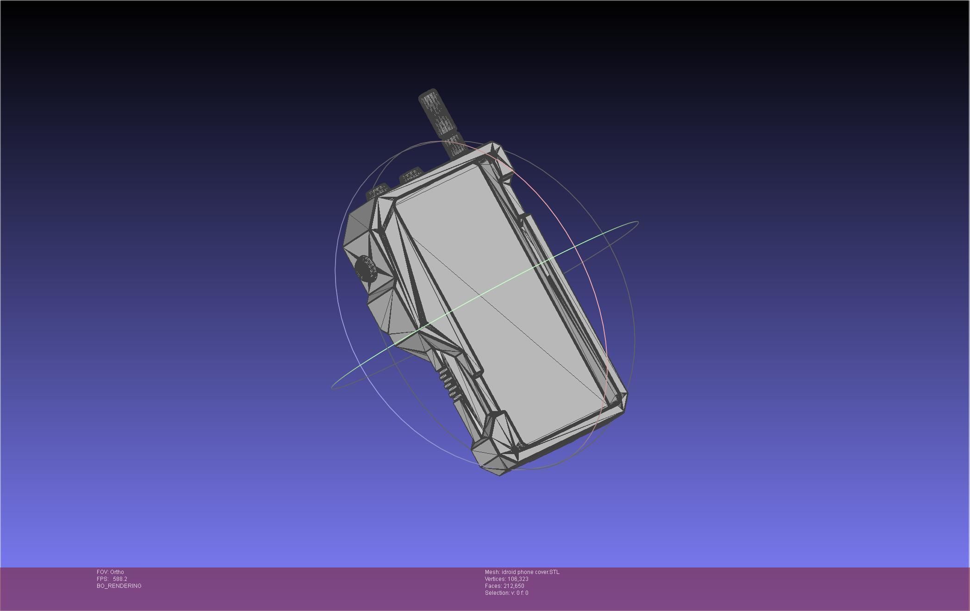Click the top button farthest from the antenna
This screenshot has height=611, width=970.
click(377, 191)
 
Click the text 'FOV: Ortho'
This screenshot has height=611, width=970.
click(110, 572)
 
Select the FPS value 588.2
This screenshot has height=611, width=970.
click(120, 579)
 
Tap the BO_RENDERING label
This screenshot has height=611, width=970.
click(119, 586)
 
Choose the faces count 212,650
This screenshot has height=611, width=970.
click(514, 586)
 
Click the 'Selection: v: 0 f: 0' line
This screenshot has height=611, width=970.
click(506, 593)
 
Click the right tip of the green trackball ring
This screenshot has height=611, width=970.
click(638, 223)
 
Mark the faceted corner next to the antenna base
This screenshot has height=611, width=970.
click(497, 155)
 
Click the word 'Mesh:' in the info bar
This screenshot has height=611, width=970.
click(492, 572)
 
